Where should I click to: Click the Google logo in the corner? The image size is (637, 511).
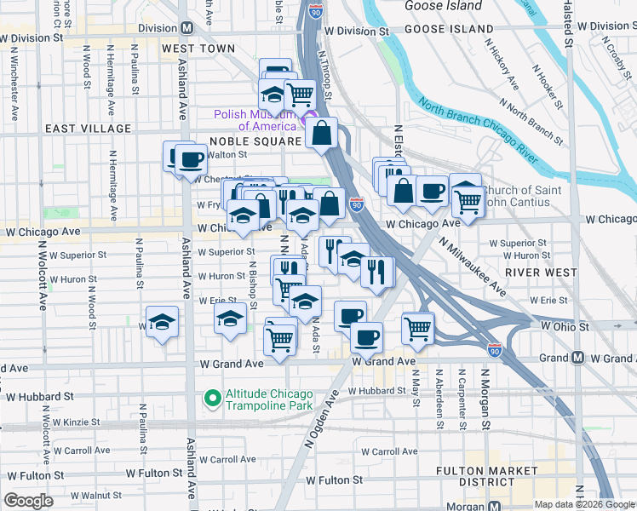(29, 501)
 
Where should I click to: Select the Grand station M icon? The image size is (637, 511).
(577, 358)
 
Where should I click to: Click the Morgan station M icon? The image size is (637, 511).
(496, 506)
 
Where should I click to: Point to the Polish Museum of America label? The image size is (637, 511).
(253, 120)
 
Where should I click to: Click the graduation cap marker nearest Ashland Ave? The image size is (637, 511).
(162, 322)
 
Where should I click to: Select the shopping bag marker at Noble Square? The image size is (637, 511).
(323, 133)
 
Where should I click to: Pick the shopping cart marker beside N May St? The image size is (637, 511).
(417, 327)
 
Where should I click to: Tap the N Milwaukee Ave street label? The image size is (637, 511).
(473, 268)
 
